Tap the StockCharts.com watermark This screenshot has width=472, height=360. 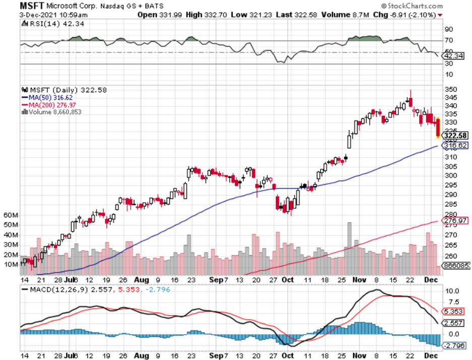tap(415, 6)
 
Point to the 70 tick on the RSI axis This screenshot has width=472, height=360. tap(448, 40)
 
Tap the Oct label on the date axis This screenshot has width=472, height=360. tap(288, 278)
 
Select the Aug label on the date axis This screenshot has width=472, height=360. tap(141, 278)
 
